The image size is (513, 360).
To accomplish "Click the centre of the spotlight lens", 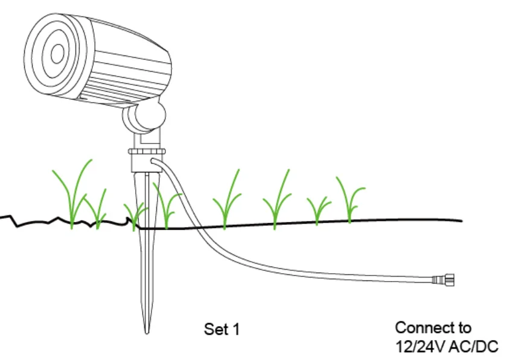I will coord(57,54).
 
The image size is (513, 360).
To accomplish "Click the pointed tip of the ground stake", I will coord(146,330).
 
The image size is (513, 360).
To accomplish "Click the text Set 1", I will coord(221,329).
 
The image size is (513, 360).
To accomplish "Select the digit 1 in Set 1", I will coord(237,329).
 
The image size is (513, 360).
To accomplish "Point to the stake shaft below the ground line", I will coord(146,271).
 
